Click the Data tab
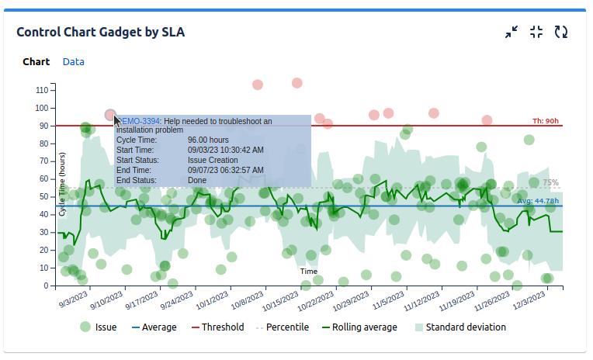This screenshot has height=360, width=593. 74,62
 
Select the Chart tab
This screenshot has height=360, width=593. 36,62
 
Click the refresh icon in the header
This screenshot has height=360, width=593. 561,32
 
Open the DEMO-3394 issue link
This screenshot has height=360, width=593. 138,121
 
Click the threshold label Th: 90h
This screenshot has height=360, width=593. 545,121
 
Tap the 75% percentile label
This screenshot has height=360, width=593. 550,183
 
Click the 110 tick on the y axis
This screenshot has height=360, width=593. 42,90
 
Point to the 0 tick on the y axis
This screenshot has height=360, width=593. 46,286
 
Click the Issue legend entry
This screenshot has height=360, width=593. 99,327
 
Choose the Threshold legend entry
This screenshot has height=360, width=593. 217,327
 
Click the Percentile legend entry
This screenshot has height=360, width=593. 282,327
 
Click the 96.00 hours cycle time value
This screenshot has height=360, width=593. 207,140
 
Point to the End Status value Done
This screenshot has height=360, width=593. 197,181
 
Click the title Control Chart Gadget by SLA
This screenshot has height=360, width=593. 100,33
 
